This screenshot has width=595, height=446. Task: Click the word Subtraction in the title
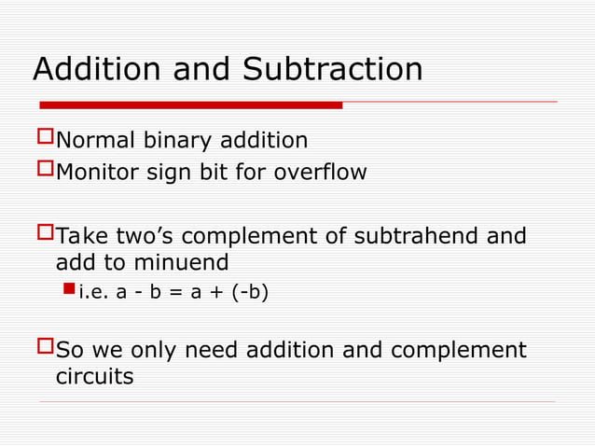[x=332, y=69]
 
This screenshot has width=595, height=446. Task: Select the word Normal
[x=96, y=141]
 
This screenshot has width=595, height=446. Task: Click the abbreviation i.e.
[x=93, y=294]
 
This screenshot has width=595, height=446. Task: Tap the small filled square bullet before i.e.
[x=68, y=293]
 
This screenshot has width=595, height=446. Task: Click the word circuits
[x=94, y=377]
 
